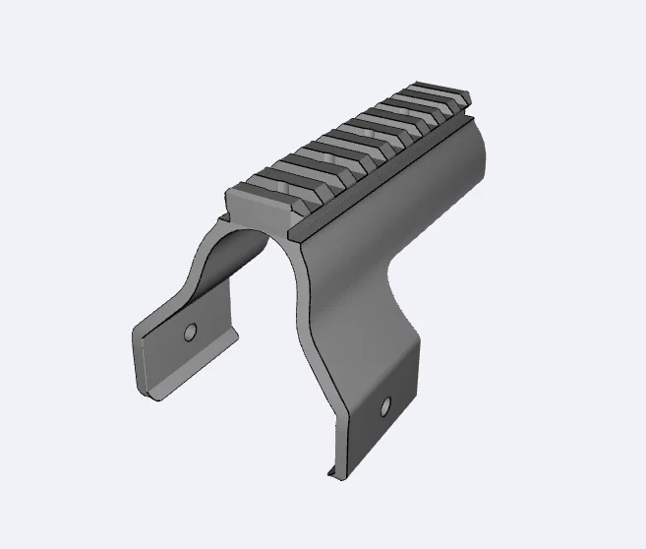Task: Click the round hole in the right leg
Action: pyautogui.click(x=385, y=404)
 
